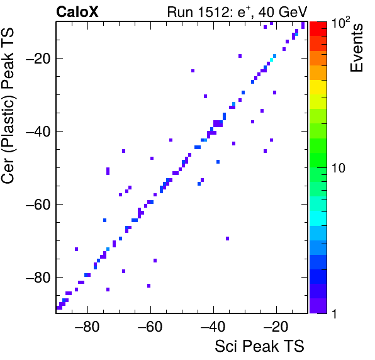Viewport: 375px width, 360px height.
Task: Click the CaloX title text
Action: coord(77,12)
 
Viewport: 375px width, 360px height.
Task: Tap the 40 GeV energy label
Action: coord(283,12)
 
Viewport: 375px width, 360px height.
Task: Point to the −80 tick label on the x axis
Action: coord(87,326)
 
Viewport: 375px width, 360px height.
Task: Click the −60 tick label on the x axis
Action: coord(150,326)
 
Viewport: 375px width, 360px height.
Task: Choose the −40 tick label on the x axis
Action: coord(213,326)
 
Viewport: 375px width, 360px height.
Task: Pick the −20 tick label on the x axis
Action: coord(276,326)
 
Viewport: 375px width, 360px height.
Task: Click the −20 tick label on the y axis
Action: coord(38,59)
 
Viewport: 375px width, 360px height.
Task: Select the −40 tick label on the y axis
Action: coord(38,132)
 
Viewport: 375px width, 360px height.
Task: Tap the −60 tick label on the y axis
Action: coord(38,205)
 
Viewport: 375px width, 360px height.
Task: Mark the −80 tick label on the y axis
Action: coord(38,277)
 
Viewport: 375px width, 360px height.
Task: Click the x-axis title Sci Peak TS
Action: coord(259,346)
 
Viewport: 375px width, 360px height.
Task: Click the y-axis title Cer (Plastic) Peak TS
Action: coord(8,106)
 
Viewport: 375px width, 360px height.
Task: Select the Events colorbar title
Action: coord(356,48)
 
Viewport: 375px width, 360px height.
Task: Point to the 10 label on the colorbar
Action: coord(339,168)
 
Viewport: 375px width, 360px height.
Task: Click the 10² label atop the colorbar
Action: coord(340,22)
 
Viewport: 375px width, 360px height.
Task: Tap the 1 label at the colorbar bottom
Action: coord(335,313)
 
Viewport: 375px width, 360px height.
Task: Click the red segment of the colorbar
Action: coord(318,29)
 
